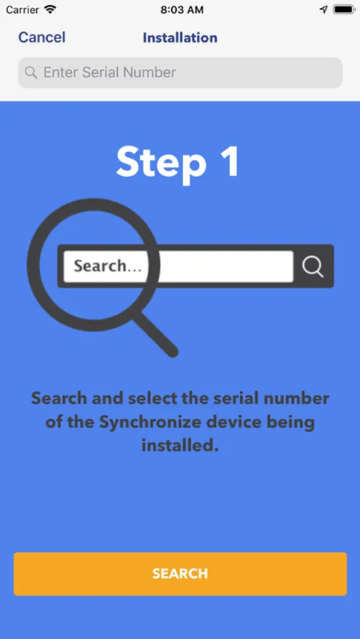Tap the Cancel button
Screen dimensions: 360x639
[x=42, y=38]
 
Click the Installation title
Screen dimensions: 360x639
[x=180, y=38]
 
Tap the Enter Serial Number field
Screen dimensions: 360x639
[x=180, y=72]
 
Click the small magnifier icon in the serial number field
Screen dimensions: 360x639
[x=31, y=72]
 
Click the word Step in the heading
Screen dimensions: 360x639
[x=161, y=162]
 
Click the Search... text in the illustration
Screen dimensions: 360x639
[x=108, y=266]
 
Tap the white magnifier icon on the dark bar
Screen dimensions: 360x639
[x=313, y=266]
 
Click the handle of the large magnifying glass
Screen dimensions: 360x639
[x=156, y=334]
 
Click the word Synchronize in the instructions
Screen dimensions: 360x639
[x=149, y=422]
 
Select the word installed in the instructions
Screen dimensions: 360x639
[x=180, y=444]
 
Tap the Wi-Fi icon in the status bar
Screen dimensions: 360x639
[x=50, y=9]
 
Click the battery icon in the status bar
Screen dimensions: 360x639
[x=344, y=10]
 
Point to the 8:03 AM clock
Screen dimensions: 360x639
[x=182, y=10]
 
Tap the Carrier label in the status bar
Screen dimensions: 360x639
[x=23, y=10]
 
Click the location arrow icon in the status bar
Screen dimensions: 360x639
[x=324, y=10]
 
